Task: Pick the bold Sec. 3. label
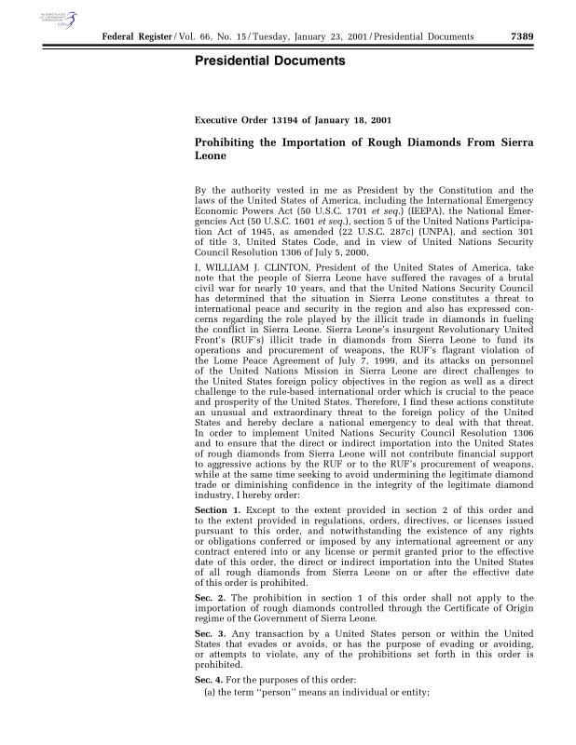[209, 633]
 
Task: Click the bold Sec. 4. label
[209, 679]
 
